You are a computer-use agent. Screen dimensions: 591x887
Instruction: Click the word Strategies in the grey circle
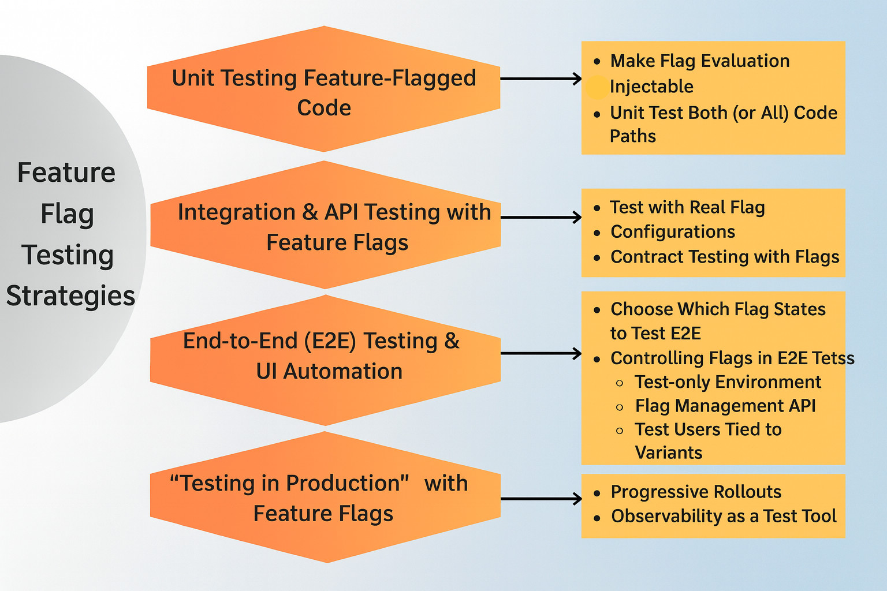tap(70, 296)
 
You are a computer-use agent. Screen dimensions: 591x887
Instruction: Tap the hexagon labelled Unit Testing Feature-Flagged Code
tap(323, 92)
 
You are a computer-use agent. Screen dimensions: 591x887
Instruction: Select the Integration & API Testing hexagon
tap(325, 226)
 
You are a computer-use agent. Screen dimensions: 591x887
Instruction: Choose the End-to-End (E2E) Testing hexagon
tap(325, 356)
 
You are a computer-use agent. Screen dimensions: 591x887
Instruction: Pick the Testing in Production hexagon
tap(325, 498)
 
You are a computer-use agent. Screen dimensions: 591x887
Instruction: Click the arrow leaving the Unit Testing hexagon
tap(541, 78)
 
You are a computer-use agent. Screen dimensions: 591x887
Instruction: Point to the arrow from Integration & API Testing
tap(541, 217)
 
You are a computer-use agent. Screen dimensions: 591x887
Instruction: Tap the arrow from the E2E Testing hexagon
tap(541, 353)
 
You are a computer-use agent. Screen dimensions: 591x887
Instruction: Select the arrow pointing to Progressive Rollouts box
tap(541, 499)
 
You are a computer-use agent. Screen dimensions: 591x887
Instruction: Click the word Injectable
tap(651, 87)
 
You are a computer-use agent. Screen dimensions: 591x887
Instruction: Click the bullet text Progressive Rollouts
tap(696, 492)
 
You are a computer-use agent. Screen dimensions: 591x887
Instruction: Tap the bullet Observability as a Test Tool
tap(724, 516)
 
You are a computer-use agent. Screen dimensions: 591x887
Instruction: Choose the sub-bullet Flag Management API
tap(725, 406)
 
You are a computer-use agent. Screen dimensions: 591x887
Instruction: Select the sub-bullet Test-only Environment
tap(728, 382)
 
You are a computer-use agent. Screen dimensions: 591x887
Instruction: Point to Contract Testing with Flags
tap(725, 257)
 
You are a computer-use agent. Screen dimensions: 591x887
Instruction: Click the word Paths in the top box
tap(633, 136)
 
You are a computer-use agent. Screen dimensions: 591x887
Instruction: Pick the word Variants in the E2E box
tap(669, 452)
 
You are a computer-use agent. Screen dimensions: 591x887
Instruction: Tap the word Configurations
tap(673, 232)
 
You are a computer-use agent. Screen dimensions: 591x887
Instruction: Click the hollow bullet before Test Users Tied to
tap(620, 431)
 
